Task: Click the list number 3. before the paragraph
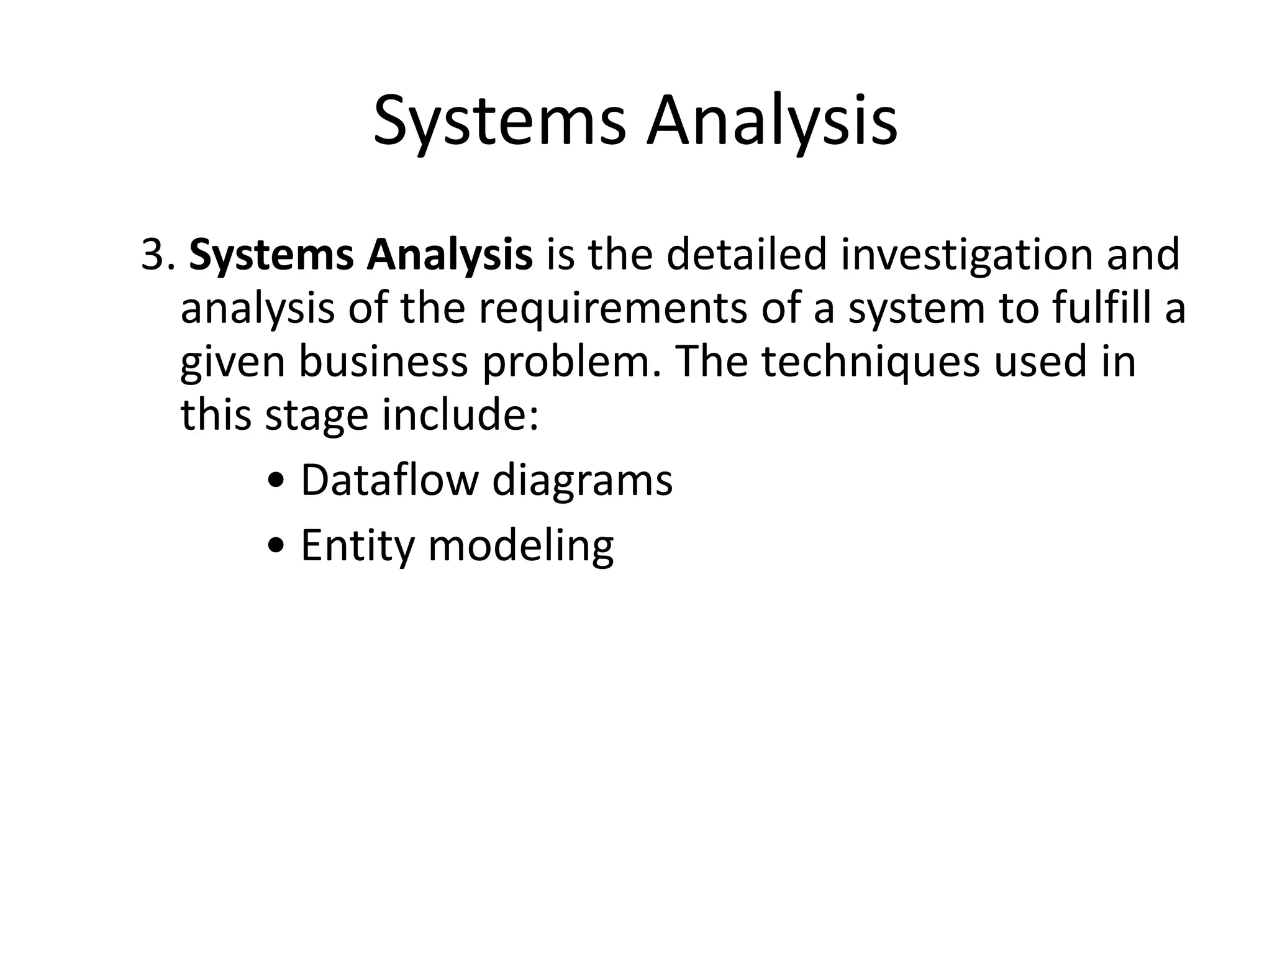(158, 255)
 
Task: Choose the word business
(383, 362)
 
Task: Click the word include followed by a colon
(460, 415)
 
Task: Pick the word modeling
(520, 546)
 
